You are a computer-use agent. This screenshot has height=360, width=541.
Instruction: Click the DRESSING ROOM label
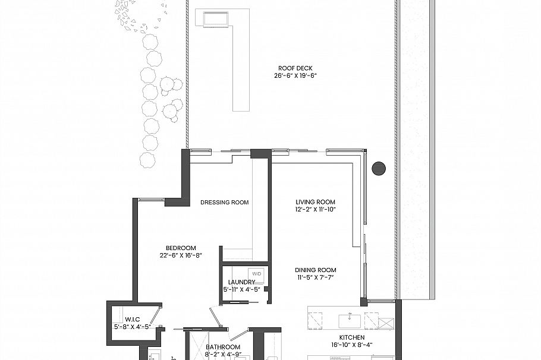click(224, 203)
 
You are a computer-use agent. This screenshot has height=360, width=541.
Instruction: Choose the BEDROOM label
click(181, 248)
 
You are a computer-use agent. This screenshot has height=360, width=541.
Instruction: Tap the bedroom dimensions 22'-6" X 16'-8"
click(181, 256)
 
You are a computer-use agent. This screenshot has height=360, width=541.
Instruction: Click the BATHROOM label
click(223, 348)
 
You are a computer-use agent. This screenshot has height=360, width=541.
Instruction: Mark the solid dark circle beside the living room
click(379, 168)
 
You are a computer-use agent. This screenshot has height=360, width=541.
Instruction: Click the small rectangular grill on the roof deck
click(216, 19)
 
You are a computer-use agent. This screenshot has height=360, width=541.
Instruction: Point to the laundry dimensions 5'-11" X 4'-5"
click(242, 290)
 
